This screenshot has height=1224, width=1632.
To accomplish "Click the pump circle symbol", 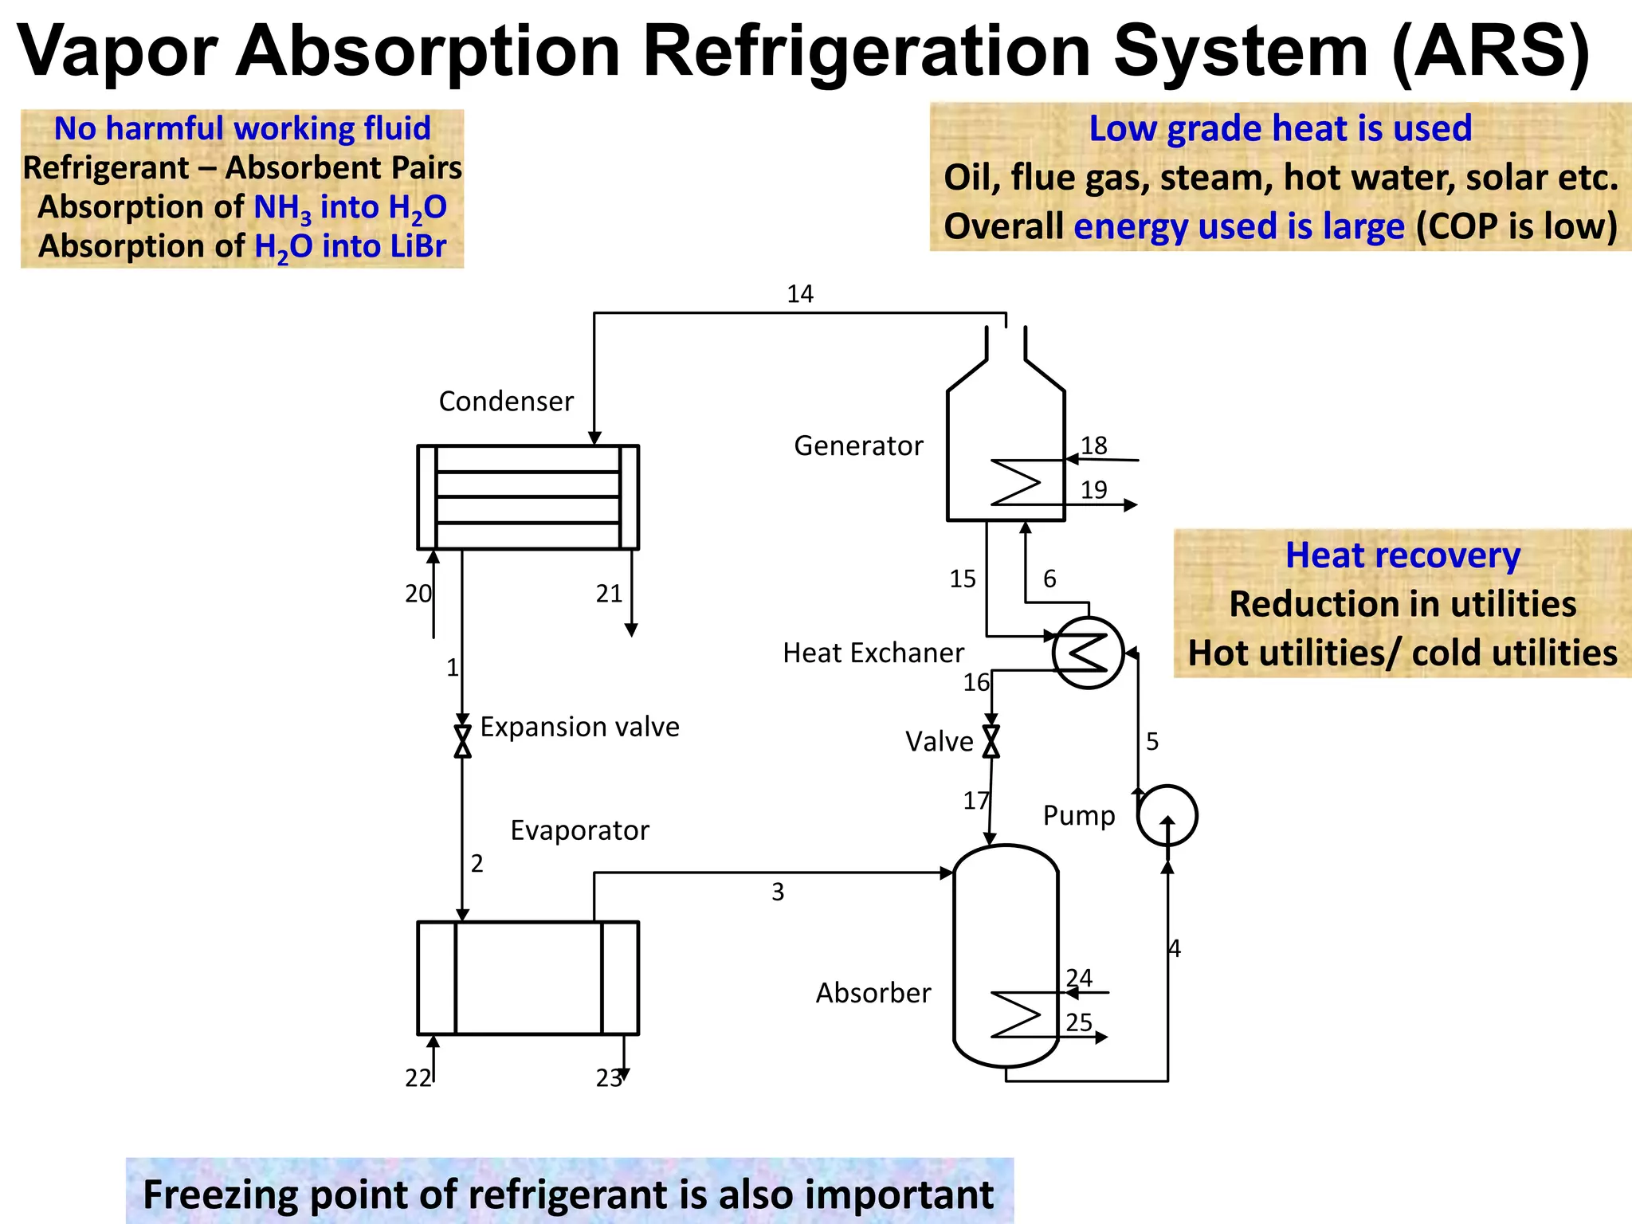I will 1167,815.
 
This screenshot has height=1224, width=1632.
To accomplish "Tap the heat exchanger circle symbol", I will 1088,653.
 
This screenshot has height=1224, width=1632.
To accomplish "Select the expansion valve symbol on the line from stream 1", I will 462,741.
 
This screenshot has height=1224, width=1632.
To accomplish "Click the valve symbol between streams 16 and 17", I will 991,741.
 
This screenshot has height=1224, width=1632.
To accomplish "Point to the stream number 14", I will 800,294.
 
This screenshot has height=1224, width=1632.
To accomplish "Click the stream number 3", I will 778,892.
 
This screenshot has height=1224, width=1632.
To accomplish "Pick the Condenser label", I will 506,402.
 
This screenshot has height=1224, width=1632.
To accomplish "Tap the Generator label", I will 858,445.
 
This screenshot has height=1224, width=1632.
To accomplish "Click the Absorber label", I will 873,993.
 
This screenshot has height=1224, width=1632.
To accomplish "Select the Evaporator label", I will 579,830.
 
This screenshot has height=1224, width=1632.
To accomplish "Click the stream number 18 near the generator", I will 1094,445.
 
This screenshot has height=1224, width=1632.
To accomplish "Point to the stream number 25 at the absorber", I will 1079,1022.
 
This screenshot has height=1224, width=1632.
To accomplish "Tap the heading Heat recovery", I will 1402,555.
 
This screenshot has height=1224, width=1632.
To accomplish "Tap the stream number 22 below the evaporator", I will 418,1078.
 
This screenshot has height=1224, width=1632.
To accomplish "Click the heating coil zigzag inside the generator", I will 1016,482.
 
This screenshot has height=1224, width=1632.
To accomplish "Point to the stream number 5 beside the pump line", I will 1152,742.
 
